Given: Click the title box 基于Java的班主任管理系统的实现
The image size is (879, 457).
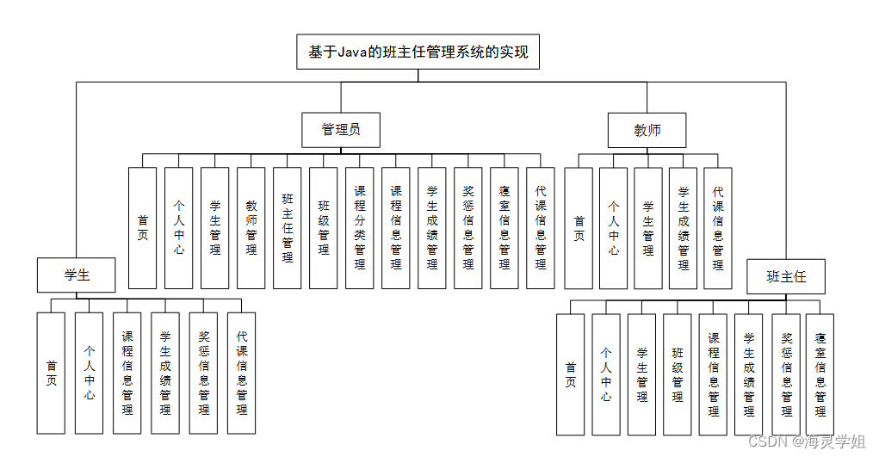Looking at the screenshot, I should click(x=418, y=52).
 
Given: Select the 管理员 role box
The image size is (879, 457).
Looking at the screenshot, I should click(x=341, y=130).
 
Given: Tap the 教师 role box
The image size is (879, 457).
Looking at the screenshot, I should click(x=647, y=130).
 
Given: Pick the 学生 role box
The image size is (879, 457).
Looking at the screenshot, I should click(x=77, y=275).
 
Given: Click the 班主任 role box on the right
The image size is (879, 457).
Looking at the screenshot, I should click(x=785, y=277).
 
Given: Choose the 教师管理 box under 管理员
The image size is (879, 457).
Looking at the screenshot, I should click(x=251, y=228).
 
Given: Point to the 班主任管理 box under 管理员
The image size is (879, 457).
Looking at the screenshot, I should click(x=288, y=228).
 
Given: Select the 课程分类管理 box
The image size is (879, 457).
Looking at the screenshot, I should click(x=360, y=228).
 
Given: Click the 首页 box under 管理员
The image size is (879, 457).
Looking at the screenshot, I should click(x=142, y=228).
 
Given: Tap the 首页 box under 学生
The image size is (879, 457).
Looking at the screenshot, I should click(x=51, y=373).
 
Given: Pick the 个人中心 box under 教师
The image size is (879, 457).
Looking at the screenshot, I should click(x=613, y=228).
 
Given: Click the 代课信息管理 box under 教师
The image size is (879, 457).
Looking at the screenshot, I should click(x=717, y=228).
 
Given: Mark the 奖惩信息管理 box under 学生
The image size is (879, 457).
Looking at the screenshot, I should click(x=203, y=373).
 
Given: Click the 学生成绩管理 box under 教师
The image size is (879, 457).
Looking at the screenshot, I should click(x=683, y=228).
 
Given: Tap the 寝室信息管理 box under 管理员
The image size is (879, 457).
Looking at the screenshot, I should click(x=504, y=228).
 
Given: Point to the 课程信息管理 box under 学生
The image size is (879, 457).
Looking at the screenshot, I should click(x=127, y=373).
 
